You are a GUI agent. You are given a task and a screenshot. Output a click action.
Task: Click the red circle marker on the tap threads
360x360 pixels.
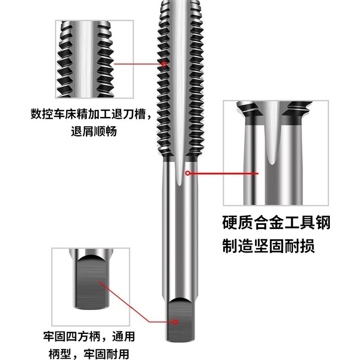click(164, 64)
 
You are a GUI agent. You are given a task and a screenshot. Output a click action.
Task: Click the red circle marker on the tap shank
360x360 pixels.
click(188, 173)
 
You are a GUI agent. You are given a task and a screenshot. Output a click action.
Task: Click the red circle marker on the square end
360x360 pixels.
click(175, 322)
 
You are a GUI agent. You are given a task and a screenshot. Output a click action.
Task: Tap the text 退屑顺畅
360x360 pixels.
click(94, 131)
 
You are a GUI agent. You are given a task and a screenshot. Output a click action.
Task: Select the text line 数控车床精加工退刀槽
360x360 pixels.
click(88, 114)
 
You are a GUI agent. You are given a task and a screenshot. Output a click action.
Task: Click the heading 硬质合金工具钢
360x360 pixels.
click(276, 222)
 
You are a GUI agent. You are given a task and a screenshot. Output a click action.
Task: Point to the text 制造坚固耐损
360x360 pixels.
click(268, 246)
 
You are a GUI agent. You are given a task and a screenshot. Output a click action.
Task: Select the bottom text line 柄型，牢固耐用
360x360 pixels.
click(89, 354)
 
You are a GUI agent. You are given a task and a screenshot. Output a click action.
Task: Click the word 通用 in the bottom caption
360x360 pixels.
click(123, 337)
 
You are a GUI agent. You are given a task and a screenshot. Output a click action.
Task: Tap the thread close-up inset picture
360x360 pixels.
click(94, 59)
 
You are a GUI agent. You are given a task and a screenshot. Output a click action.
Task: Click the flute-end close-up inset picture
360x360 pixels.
click(276, 153)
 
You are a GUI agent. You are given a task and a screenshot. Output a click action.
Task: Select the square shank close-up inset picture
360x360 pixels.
click(91, 287)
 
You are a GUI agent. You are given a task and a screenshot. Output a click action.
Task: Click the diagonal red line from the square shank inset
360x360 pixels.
click(124, 301)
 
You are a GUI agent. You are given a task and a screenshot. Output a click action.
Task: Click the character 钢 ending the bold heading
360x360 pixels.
click(323, 222)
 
